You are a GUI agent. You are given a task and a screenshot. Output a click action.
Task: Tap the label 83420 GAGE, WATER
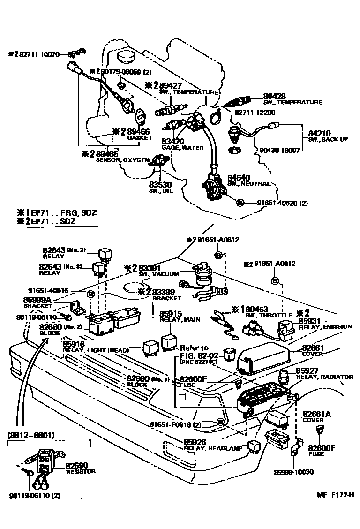173,141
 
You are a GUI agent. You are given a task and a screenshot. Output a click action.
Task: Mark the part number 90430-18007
279,151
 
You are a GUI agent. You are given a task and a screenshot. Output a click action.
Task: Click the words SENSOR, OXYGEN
123,160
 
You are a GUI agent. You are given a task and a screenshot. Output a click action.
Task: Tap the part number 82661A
317,414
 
